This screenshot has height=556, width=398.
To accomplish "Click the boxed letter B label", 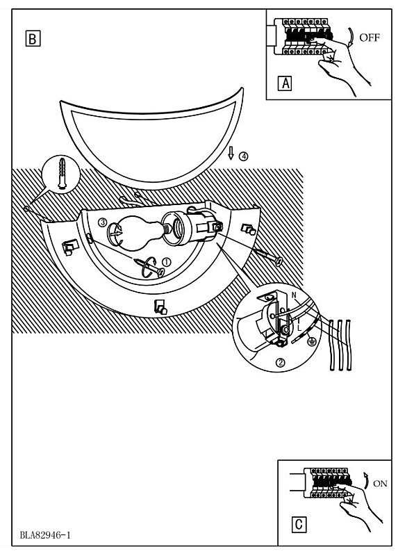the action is (x=33, y=39).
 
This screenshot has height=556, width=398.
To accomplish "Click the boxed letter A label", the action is (x=285, y=83).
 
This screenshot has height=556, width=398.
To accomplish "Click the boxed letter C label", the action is (x=299, y=525).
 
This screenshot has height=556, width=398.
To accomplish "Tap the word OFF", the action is (x=370, y=38).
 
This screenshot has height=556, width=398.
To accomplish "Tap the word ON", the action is (x=380, y=483).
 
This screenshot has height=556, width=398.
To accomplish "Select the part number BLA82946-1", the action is (x=45, y=534).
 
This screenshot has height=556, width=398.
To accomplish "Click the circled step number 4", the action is (x=243, y=156).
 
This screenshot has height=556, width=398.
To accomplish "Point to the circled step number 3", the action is (x=102, y=222).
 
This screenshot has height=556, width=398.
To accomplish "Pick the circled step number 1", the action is (x=166, y=262).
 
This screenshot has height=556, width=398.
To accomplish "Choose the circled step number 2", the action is (x=280, y=362).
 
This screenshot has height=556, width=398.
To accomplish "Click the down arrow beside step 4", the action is (x=231, y=153).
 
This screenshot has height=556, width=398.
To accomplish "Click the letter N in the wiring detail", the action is (x=294, y=295).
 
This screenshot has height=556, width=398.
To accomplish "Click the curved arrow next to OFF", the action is (x=351, y=37).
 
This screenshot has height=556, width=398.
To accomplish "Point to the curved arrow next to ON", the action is (x=367, y=481).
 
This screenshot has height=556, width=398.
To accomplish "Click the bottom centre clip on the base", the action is (x=160, y=306).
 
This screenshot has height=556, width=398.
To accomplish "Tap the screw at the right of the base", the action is (x=268, y=256).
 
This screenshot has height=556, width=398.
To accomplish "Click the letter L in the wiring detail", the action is (x=299, y=328).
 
